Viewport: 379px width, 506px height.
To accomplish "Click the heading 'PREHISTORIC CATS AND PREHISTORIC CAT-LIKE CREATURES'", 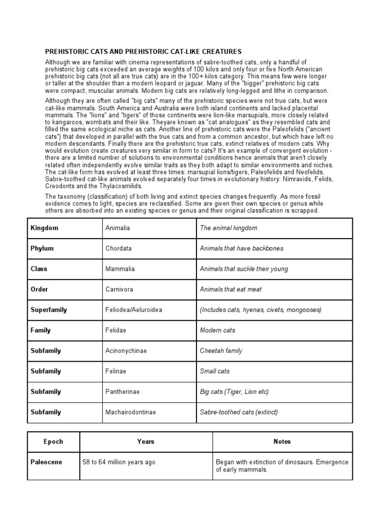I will [144, 51].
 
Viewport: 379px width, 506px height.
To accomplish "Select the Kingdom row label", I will [44, 228].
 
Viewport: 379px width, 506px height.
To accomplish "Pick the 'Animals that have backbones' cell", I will [241, 249].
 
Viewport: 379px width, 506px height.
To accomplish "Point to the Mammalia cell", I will [120, 269].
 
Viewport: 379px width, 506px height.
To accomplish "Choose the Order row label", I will [39, 289].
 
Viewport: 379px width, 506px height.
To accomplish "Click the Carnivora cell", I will [119, 289].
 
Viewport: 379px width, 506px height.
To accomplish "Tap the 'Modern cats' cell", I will [218, 330].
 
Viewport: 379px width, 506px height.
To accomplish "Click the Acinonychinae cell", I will [126, 351].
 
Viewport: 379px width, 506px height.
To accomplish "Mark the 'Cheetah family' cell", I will [221, 351].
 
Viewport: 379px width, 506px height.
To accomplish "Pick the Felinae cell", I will [116, 371].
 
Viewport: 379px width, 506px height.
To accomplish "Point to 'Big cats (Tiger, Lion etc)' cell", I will [234, 391].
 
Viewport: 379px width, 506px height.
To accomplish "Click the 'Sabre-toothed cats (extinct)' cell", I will [239, 412].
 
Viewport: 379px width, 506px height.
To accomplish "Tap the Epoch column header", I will [53, 441].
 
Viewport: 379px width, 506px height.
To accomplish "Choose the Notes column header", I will [282, 441].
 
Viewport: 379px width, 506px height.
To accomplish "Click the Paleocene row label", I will [46, 462].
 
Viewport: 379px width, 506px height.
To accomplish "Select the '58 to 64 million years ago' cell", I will [119, 462].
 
